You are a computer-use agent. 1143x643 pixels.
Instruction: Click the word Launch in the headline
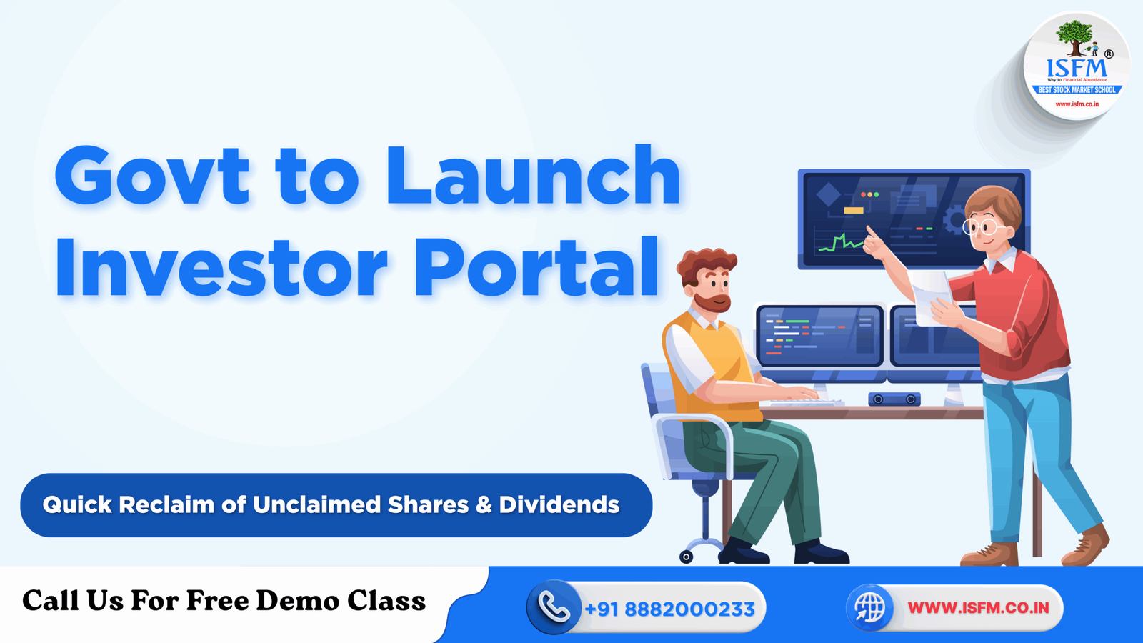tap(532, 176)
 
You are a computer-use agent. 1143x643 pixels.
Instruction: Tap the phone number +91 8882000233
tap(669, 609)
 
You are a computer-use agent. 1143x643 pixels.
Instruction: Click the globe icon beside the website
tap(869, 608)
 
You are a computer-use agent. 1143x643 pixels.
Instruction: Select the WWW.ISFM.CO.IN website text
tap(978, 608)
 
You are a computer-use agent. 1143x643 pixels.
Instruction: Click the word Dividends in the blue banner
tap(559, 505)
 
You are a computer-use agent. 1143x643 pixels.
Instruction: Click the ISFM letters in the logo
tap(1077, 69)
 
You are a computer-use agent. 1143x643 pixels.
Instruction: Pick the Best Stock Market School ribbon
tap(1077, 90)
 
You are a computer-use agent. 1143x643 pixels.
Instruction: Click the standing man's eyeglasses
tap(981, 228)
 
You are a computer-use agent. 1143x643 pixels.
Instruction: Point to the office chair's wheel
tap(686, 557)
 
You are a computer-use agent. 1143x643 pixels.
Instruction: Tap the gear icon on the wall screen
tap(954, 221)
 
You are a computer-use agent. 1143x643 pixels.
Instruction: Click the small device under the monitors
tap(894, 399)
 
